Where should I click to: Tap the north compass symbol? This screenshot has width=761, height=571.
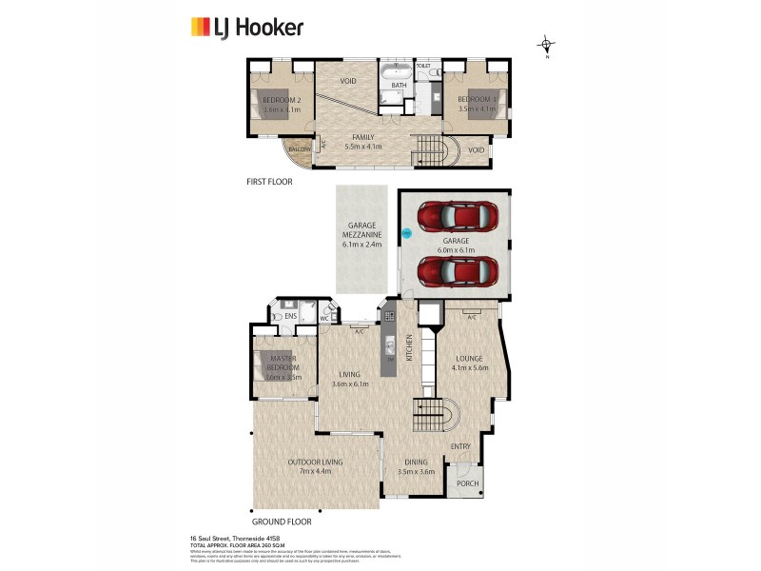(547, 44)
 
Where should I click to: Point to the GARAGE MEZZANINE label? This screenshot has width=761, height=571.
(361, 236)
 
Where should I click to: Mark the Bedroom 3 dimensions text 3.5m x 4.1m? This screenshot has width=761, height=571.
(477, 109)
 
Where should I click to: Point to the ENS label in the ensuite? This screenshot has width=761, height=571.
(290, 314)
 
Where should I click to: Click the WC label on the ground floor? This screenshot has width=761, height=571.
(324, 318)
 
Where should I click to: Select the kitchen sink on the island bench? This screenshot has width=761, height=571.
(389, 345)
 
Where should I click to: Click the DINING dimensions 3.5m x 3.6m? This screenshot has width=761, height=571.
(415, 471)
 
